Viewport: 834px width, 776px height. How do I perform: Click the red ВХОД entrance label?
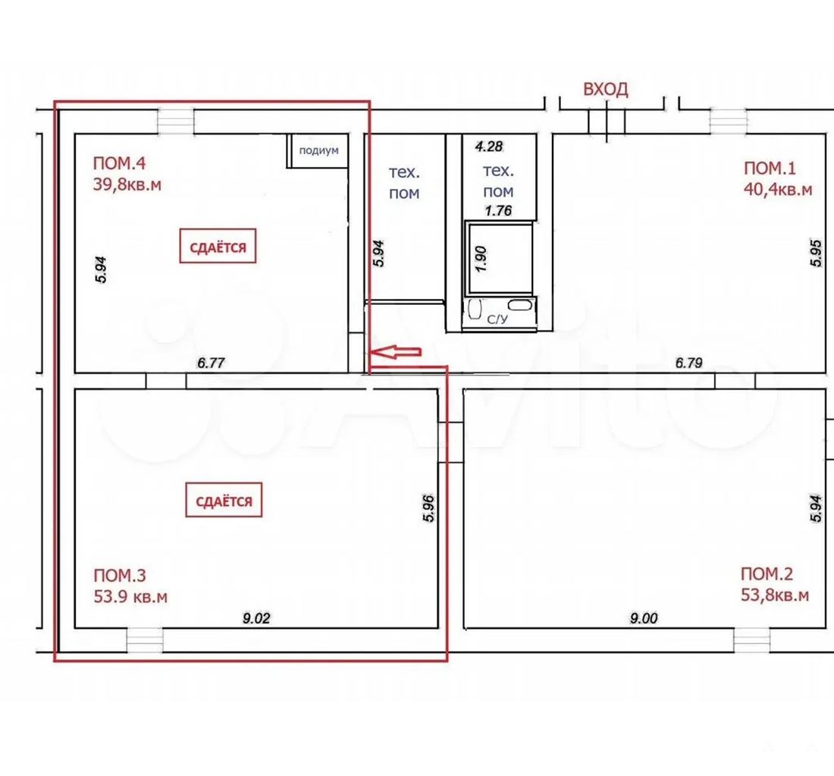(605, 89)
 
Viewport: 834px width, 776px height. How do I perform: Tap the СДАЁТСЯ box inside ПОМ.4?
(218, 246)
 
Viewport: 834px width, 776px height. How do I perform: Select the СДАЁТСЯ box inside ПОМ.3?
(224, 500)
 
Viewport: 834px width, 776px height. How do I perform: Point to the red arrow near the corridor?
(395, 351)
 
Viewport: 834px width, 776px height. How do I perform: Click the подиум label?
(318, 151)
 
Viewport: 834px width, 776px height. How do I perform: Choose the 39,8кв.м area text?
(127, 184)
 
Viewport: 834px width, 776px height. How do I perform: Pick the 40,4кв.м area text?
(778, 189)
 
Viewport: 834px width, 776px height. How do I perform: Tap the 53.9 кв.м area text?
(130, 596)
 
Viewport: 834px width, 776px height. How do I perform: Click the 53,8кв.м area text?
(775, 595)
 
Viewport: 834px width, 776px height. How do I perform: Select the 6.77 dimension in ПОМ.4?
(212, 363)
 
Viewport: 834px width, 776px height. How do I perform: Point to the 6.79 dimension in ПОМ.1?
(688, 363)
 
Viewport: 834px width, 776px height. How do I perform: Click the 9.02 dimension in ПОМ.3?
(256, 618)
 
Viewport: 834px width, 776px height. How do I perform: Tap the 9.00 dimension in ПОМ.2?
(644, 618)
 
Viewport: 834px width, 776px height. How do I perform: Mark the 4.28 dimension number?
(489, 146)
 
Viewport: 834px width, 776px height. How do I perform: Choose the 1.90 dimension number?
(480, 259)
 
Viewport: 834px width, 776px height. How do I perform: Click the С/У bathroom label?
(497, 319)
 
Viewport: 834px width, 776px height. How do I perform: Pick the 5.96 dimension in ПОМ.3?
(428, 508)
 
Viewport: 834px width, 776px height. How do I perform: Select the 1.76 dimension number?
(498, 210)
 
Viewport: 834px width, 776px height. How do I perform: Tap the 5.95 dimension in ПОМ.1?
(816, 253)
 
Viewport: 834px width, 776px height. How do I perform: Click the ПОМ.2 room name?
(767, 573)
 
